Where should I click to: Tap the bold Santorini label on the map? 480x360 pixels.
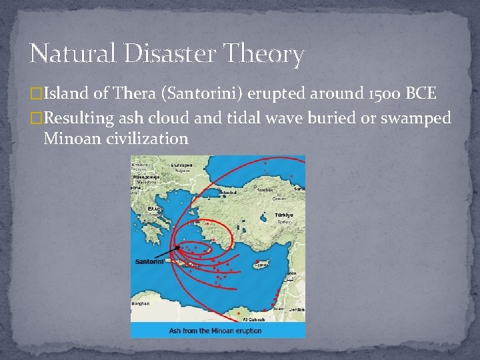(151, 261)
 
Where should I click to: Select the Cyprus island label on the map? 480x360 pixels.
(259, 265)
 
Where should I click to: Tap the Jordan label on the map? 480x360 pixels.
(297, 309)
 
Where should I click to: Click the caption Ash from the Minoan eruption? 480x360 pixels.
(215, 330)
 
